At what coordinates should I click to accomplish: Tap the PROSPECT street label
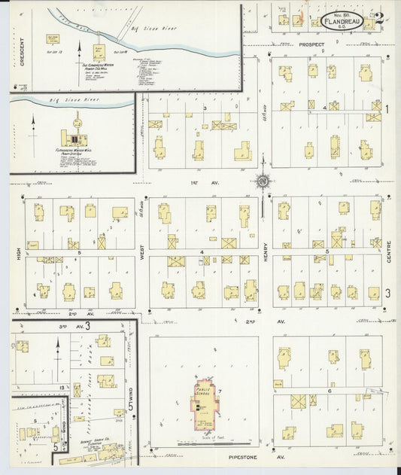[x=311, y=44]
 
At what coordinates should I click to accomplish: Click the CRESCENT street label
[x=23, y=54]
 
